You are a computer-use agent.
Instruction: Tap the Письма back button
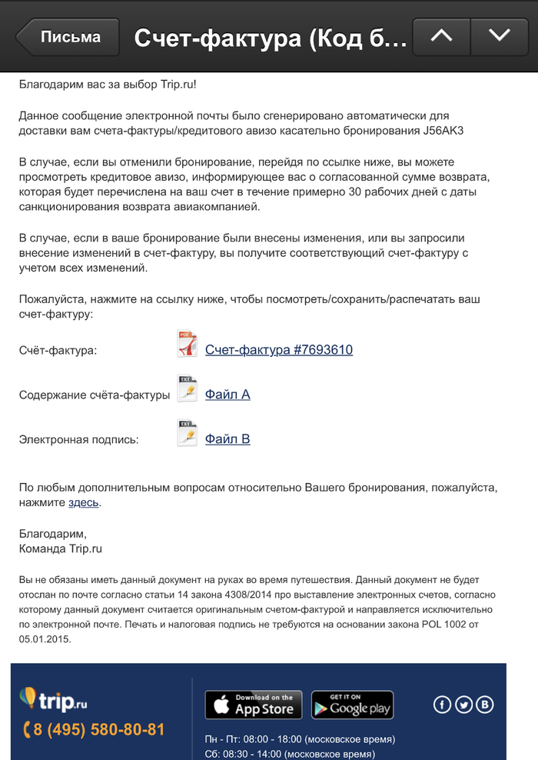pos(69,37)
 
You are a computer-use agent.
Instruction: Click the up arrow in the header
pos(441,36)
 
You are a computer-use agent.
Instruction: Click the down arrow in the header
pos(499,36)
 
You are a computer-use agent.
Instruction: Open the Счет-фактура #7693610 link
pos(278,350)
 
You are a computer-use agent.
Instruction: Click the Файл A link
pos(227,395)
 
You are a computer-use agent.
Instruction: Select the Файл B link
pos(227,439)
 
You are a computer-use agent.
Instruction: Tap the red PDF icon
pos(187,344)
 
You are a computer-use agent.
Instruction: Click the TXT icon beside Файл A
pos(187,389)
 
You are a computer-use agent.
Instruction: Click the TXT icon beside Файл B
pos(187,434)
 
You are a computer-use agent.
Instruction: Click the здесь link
pos(83,503)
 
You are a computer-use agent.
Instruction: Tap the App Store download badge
pos(253,705)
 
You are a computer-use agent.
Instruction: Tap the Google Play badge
pos(352,705)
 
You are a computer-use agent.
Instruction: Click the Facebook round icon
pos(443,705)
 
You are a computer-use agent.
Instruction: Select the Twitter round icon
pos(463,705)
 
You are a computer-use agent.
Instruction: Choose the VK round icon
pos(485,705)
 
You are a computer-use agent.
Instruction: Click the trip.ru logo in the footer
pos(54,699)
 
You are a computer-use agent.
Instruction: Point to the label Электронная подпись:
pos(79,440)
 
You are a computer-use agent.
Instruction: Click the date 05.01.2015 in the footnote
pos(45,638)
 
